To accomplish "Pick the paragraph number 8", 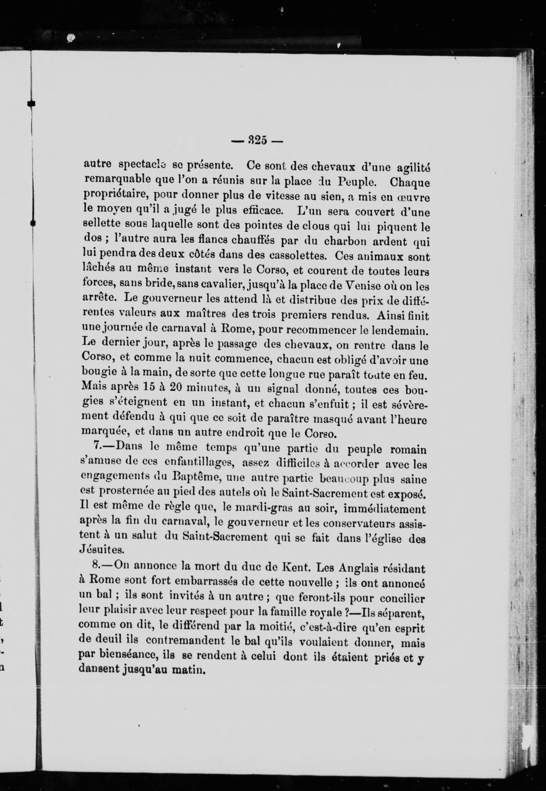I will click(96, 565).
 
